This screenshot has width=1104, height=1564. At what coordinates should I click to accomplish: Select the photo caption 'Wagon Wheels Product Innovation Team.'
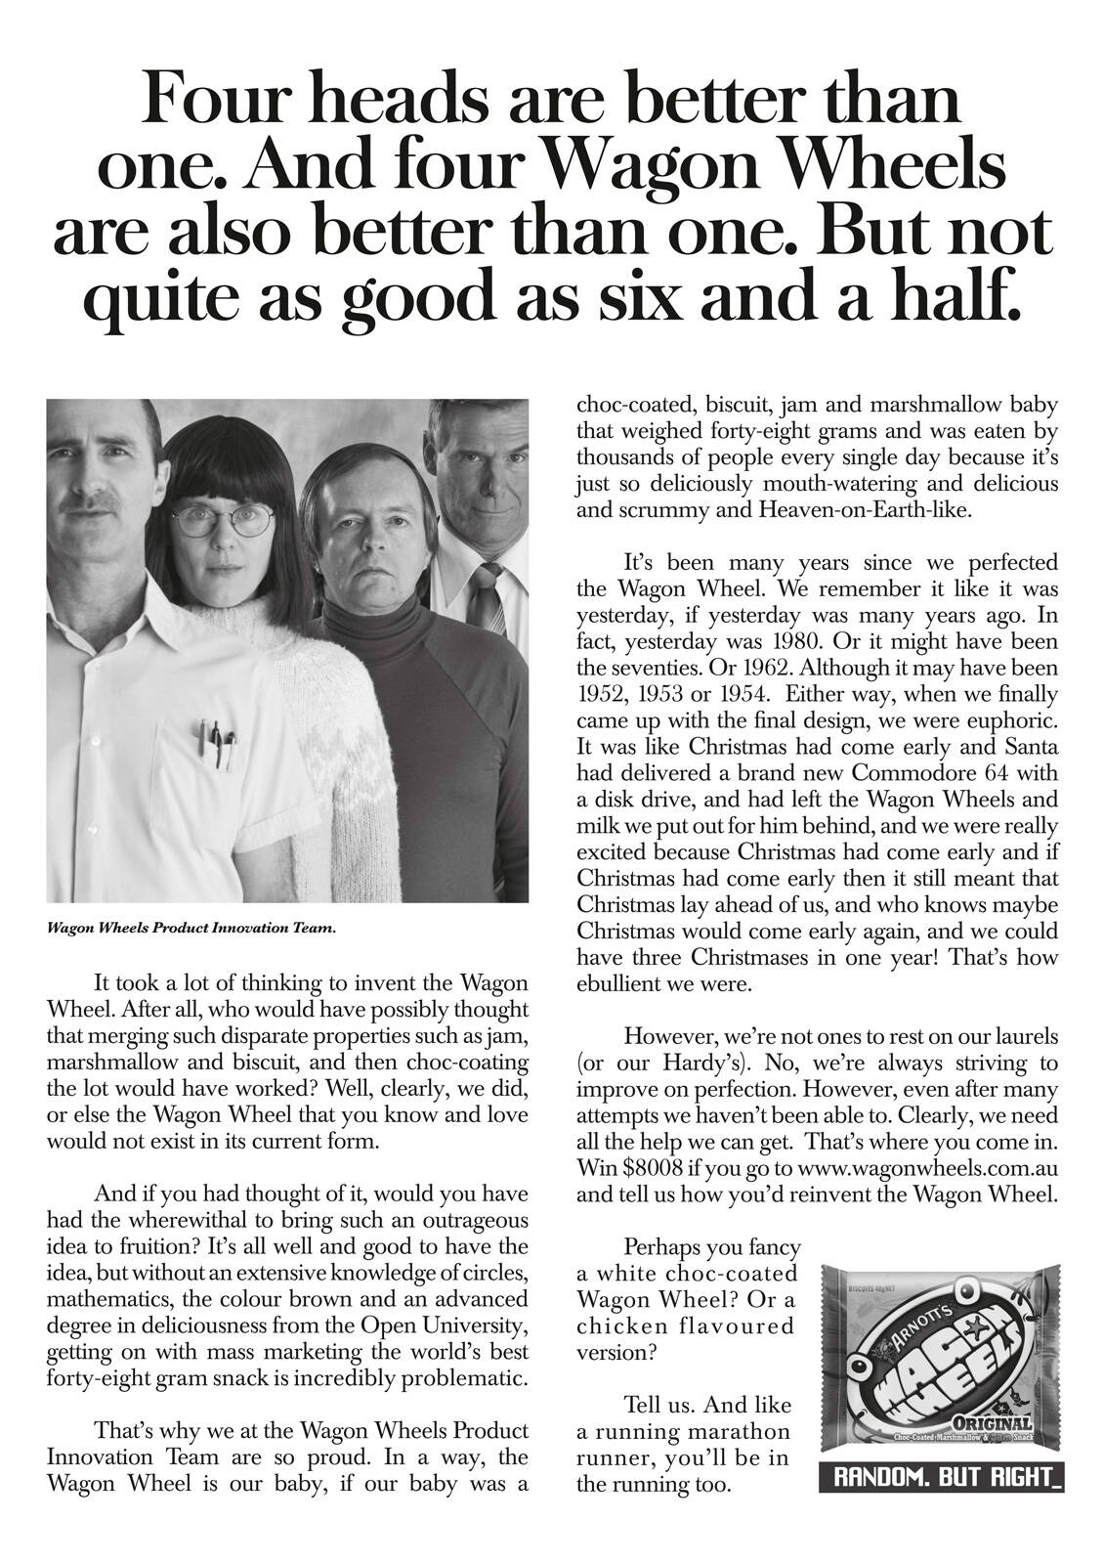click(x=192, y=929)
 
